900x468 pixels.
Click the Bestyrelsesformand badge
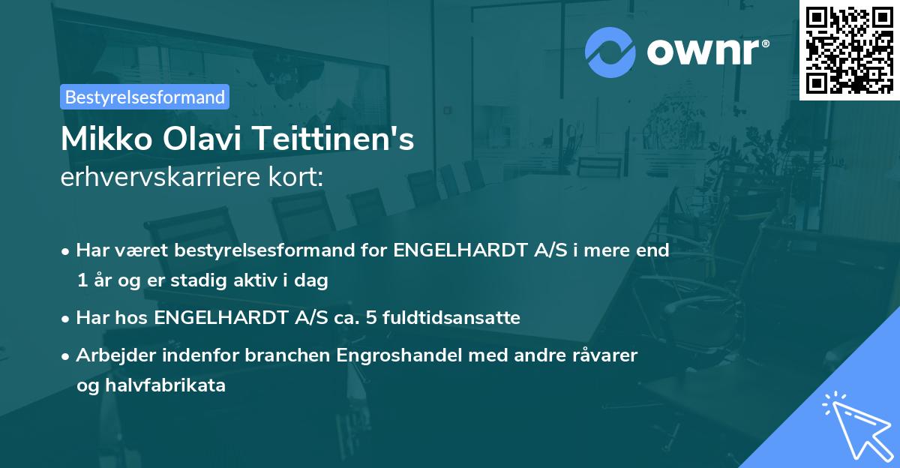[x=145, y=97]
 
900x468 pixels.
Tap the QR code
[x=849, y=49]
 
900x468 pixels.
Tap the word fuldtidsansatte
[x=451, y=318]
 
